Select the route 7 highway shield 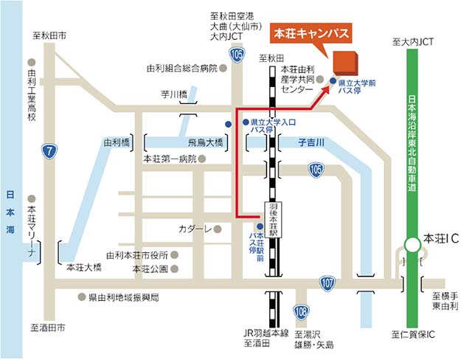(x=49, y=152)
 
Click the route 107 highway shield (x=327, y=282)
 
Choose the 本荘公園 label (x=150, y=269)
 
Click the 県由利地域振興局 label (x=124, y=297)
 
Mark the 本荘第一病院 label (x=170, y=159)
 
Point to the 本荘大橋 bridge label (x=83, y=268)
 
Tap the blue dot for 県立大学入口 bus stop (x=228, y=123)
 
